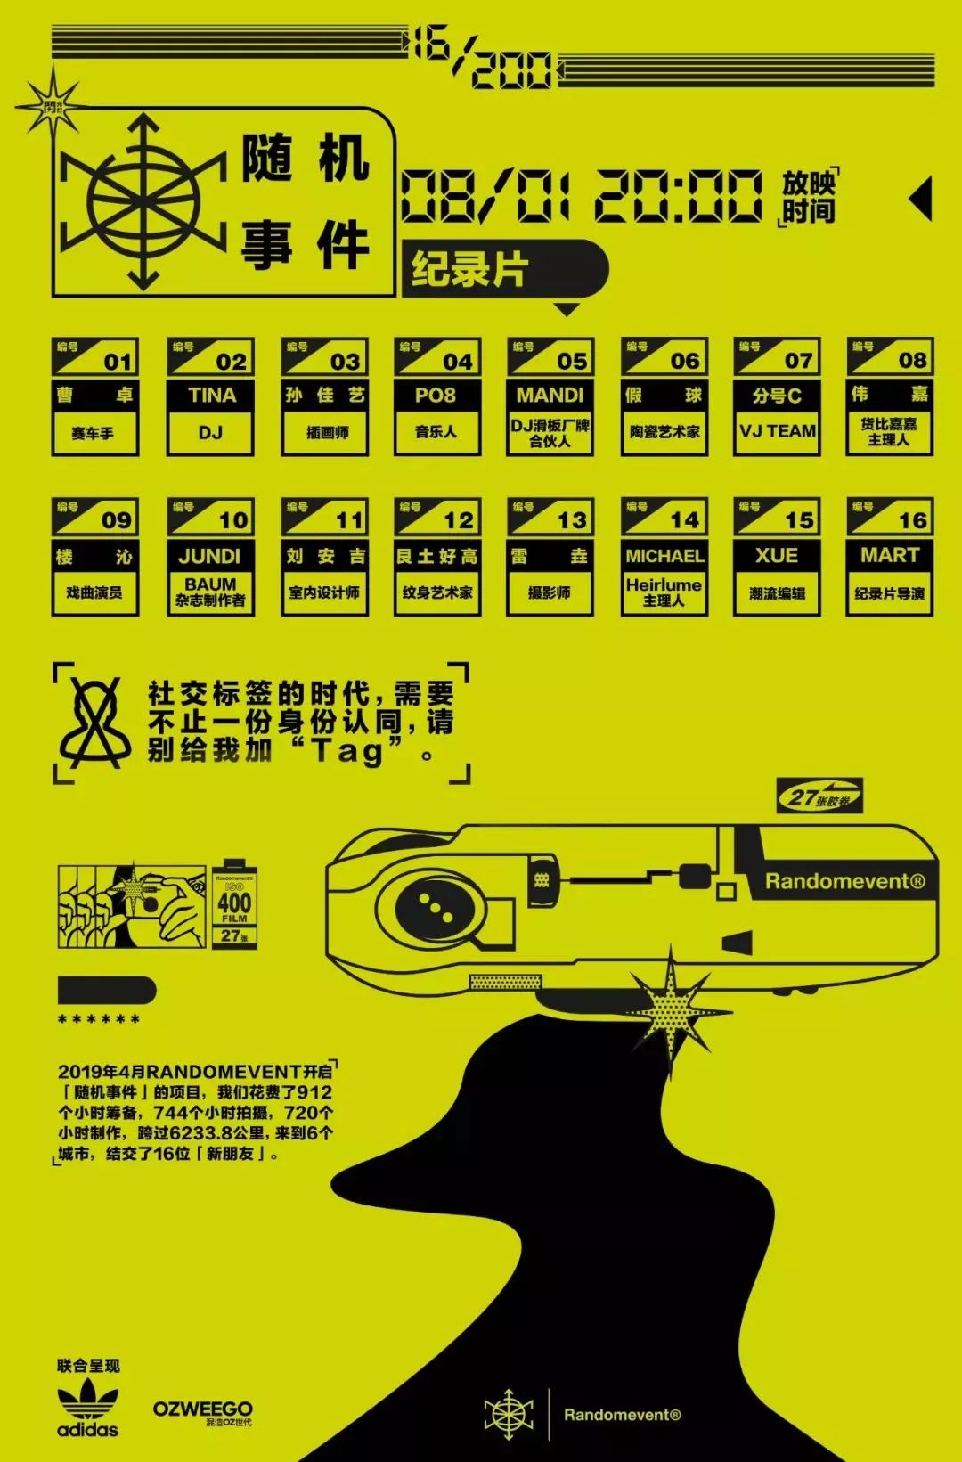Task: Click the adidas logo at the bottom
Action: (87, 1409)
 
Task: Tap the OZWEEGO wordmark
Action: (202, 1409)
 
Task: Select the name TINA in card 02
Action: (211, 396)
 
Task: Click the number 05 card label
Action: (571, 361)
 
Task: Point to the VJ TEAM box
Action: (778, 432)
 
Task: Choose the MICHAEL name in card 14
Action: (664, 556)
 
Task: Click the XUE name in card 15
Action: (777, 556)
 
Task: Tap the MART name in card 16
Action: (890, 556)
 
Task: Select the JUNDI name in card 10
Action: (210, 556)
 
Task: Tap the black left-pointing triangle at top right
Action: (921, 198)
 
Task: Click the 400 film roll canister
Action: (234, 904)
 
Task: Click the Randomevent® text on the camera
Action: (844, 882)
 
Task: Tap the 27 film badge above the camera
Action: (819, 796)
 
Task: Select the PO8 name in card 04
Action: (436, 396)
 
